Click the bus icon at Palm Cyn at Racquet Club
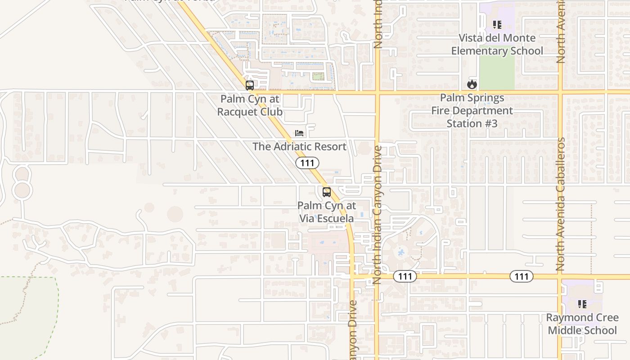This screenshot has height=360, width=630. [x=249, y=85]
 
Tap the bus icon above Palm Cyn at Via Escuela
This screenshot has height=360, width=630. [x=327, y=192]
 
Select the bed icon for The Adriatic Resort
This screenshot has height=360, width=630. [x=299, y=133]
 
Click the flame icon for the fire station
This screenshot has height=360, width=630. [x=472, y=84]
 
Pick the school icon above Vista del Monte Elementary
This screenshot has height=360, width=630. [x=497, y=25]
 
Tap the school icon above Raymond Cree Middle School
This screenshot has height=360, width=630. [x=582, y=304]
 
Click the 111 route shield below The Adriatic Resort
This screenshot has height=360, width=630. [x=307, y=162]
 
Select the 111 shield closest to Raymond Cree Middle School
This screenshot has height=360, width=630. [x=521, y=276]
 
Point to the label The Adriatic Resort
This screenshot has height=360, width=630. [x=299, y=146]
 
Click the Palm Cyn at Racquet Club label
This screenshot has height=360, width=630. [x=250, y=105]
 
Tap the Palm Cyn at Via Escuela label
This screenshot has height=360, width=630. [x=327, y=212]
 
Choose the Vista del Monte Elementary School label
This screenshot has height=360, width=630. [x=497, y=44]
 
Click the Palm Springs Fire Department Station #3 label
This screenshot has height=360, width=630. [x=472, y=110]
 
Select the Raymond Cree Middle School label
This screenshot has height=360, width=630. [x=582, y=324]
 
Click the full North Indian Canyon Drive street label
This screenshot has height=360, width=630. [x=377, y=214]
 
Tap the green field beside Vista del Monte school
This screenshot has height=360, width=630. [x=496, y=73]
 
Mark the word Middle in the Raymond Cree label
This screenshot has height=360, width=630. [x=564, y=330]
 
